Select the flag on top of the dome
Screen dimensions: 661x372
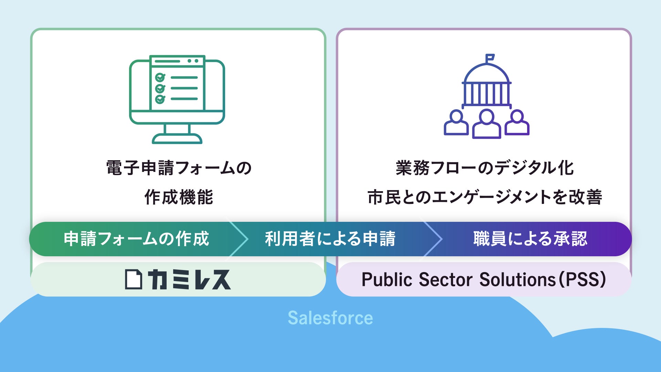click(x=490, y=58)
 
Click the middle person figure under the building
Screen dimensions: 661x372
click(x=486, y=124)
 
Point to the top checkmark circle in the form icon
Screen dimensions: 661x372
click(x=160, y=77)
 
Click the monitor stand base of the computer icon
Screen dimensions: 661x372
click(x=177, y=138)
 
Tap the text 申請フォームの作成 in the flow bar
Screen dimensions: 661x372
click(x=136, y=239)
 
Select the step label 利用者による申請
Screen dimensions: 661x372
click(x=330, y=239)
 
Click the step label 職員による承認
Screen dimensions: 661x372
click(x=530, y=239)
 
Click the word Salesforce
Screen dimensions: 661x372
click(x=330, y=318)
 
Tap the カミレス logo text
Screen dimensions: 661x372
click(x=189, y=279)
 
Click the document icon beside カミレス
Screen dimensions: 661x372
click(x=133, y=279)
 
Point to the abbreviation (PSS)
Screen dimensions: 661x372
click(x=582, y=279)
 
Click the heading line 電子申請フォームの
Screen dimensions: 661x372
click(x=179, y=168)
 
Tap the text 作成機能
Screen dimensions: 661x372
click(x=179, y=197)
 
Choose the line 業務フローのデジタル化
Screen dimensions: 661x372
click(x=484, y=168)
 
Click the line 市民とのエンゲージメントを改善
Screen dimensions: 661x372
click(x=484, y=197)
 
